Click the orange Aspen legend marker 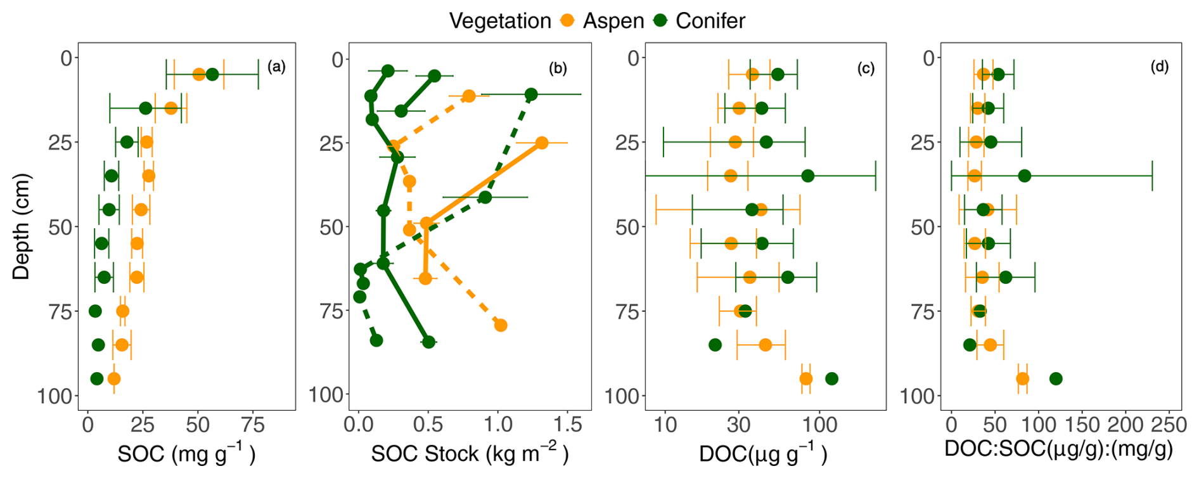pos(567,21)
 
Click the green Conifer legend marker pos(660,21)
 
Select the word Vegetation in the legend pos(500,21)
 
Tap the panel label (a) pos(276,67)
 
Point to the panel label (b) pos(558,68)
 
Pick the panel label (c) pos(866,68)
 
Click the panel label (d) pos(1160,67)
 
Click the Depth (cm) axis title pos(21,226)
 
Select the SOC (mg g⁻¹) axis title pos(186,453)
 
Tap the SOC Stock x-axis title pos(470,453)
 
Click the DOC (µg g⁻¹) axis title pos(763,453)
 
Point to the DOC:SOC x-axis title pos(1058,449)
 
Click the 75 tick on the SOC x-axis pos(253,425)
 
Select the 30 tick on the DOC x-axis pos(738,425)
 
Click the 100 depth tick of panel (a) pos(58,396)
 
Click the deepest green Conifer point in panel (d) pos(1056,379)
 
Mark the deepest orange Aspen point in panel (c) pos(806,379)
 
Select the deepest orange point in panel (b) pos(501,325)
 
